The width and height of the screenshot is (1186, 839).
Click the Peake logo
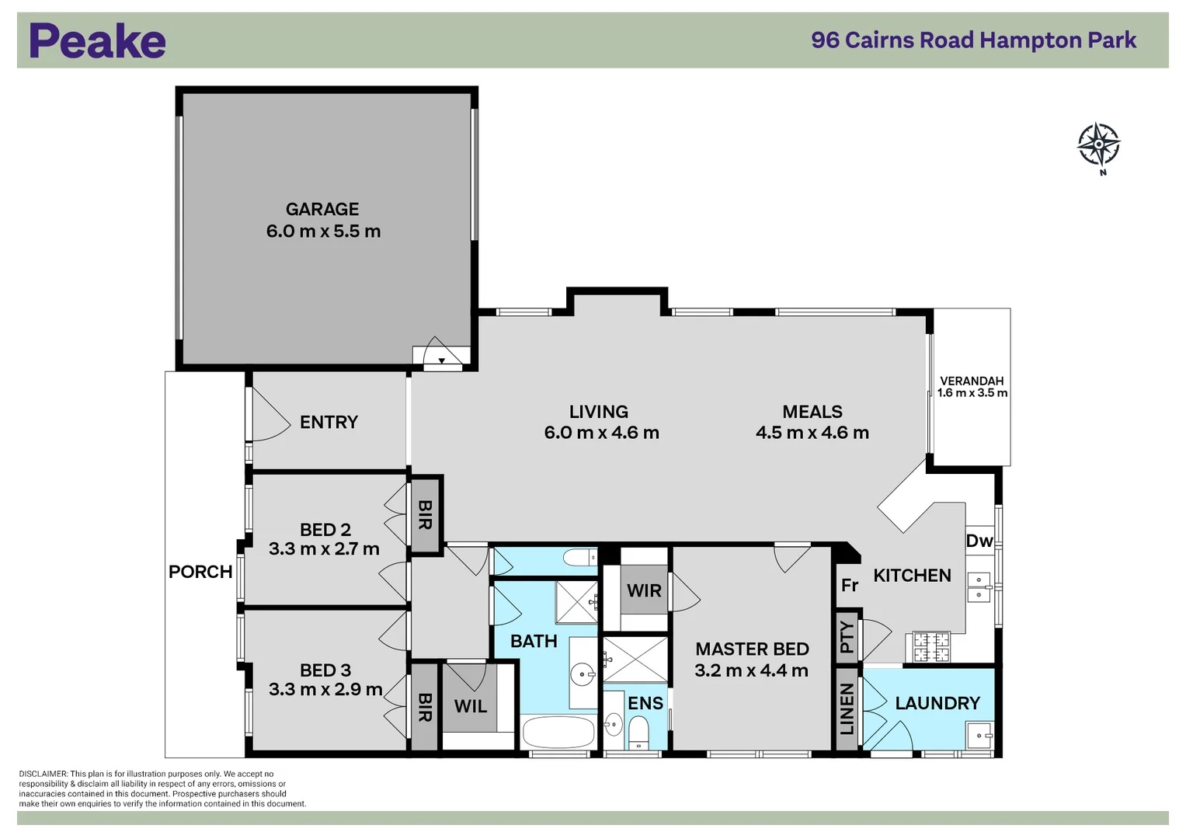click(97, 41)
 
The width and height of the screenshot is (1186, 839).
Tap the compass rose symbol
click(1098, 144)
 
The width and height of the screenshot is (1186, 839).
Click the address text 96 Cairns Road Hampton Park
click(973, 40)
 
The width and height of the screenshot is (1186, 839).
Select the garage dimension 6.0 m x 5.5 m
click(323, 232)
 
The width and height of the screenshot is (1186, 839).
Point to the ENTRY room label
click(329, 423)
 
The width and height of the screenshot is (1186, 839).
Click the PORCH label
click(200, 572)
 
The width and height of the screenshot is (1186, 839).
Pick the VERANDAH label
click(972, 381)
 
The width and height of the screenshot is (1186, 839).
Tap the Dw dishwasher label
click(979, 541)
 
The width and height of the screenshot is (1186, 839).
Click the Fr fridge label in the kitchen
click(850, 585)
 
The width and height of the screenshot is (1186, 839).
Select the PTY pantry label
click(847, 638)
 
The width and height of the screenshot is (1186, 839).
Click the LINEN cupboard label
click(847, 709)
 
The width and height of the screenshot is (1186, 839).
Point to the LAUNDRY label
click(937, 703)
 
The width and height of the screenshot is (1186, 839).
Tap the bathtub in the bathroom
click(558, 732)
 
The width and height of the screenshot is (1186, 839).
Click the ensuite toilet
click(638, 730)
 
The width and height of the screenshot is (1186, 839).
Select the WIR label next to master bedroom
click(644, 590)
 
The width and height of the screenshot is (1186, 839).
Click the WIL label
click(471, 706)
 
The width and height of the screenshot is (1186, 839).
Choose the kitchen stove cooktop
click(930, 646)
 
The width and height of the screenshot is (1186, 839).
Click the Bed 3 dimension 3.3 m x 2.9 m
click(325, 690)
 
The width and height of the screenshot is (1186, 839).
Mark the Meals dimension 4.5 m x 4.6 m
click(812, 433)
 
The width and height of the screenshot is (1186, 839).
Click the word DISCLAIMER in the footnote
click(43, 774)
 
